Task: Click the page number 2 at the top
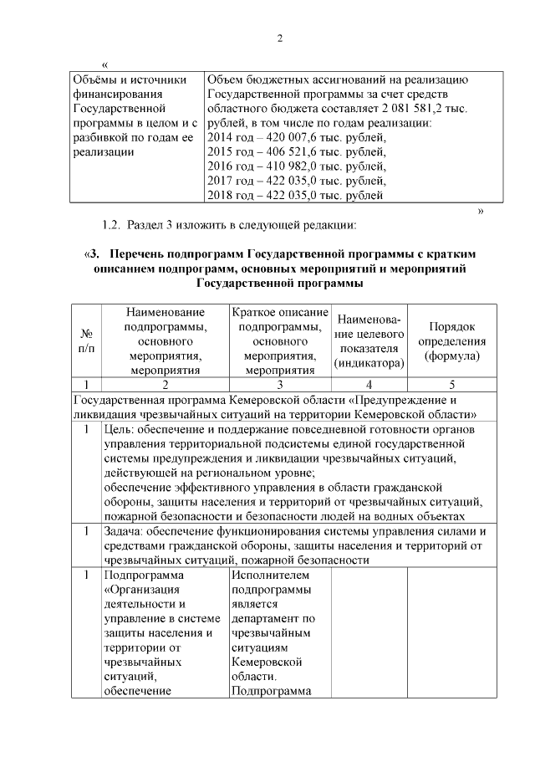(x=280, y=38)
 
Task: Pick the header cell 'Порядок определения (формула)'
(x=452, y=341)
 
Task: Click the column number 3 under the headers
(x=281, y=385)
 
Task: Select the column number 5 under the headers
(x=452, y=385)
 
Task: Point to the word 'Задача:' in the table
(x=126, y=530)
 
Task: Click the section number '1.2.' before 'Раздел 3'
(x=112, y=225)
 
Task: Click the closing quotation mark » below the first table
(x=481, y=210)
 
